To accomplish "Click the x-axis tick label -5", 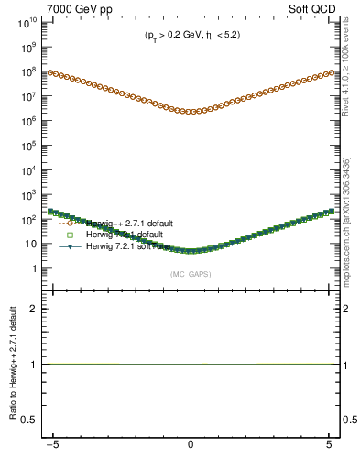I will click(x=57, y=447).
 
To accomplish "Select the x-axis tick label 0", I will click(x=190, y=447).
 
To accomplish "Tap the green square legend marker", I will click(x=70, y=234).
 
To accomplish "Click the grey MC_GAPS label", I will click(x=190, y=274).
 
